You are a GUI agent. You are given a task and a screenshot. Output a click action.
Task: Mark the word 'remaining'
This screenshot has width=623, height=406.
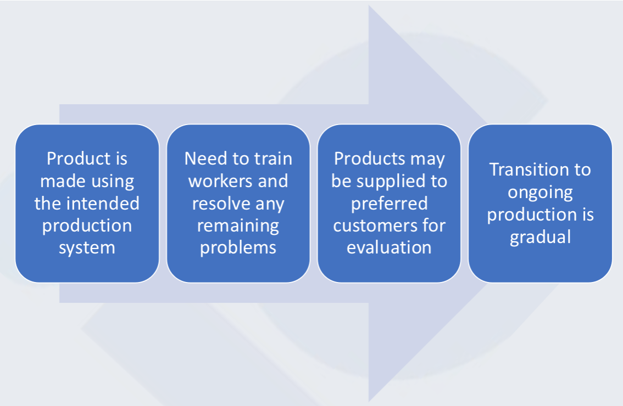(238, 226)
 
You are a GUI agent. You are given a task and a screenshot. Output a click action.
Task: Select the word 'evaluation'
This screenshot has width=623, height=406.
(389, 248)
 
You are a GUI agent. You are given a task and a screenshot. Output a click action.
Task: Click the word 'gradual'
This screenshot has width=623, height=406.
(541, 238)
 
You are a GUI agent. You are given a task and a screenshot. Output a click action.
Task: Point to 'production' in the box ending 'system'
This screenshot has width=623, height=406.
(87, 226)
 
